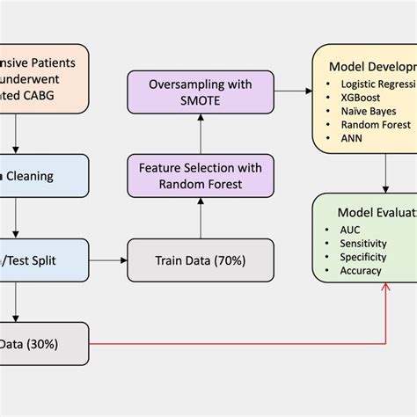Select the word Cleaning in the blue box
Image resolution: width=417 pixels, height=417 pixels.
[x=31, y=176]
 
